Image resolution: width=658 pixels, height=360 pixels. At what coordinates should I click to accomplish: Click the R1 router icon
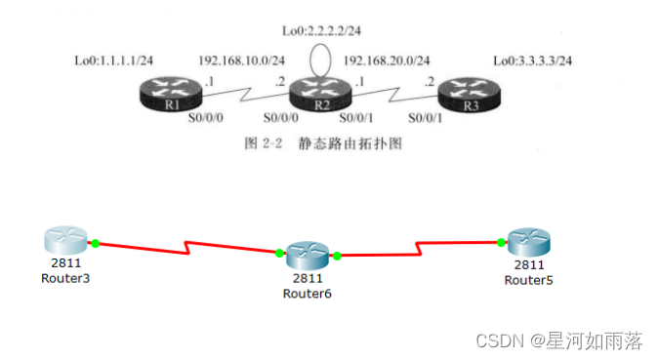[171, 97]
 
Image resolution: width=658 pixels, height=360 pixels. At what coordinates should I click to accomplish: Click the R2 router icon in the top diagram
[305, 97]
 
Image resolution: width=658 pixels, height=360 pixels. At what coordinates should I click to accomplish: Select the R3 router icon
[472, 97]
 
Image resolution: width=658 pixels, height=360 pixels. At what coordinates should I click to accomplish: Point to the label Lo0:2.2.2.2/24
[320, 31]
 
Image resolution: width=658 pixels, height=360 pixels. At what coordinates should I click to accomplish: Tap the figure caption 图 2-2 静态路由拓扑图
[322, 143]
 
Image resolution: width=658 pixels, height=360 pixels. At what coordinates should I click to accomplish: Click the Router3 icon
[65, 240]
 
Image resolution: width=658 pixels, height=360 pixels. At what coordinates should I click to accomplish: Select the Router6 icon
[308, 256]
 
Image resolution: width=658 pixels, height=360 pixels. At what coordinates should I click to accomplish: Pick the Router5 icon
[529, 244]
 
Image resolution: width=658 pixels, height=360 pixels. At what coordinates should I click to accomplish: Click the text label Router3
[65, 278]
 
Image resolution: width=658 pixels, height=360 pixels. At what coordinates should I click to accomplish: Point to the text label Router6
[308, 293]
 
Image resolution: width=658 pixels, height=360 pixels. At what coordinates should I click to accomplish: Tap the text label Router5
[529, 280]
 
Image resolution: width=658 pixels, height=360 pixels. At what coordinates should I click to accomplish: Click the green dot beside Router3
[96, 242]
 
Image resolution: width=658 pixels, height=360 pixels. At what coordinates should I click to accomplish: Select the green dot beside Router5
[500, 243]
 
